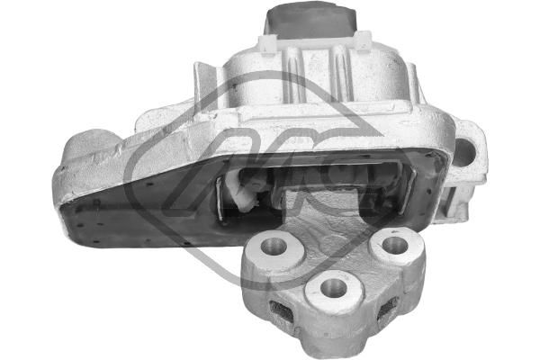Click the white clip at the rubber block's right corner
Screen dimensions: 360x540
[x=364, y=41]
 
